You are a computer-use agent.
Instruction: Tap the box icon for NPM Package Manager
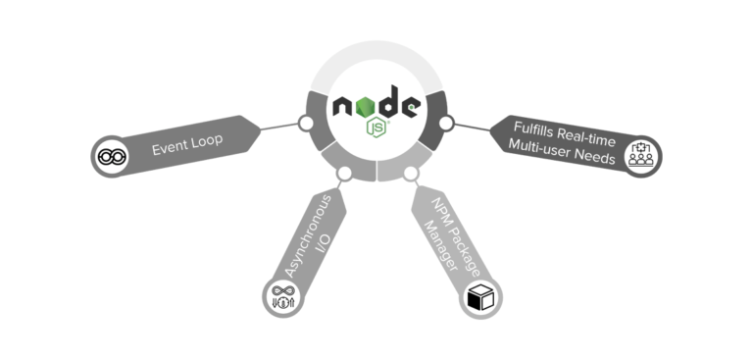coord(481,297)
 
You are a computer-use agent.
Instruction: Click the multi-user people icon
coord(641,156)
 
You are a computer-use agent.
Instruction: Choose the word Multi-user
coord(541,146)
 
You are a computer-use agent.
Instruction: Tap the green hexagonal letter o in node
coord(365,103)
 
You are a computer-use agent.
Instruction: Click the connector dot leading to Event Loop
coord(306,124)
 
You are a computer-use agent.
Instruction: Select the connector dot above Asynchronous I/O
coord(344,174)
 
